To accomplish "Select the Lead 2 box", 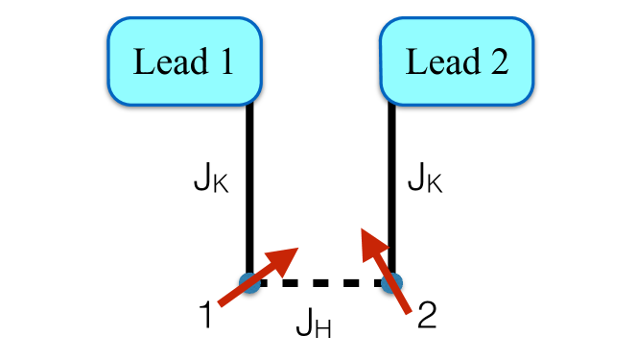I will (457, 60).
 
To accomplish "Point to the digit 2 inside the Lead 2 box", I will (497, 61).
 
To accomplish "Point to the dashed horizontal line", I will (320, 283).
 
